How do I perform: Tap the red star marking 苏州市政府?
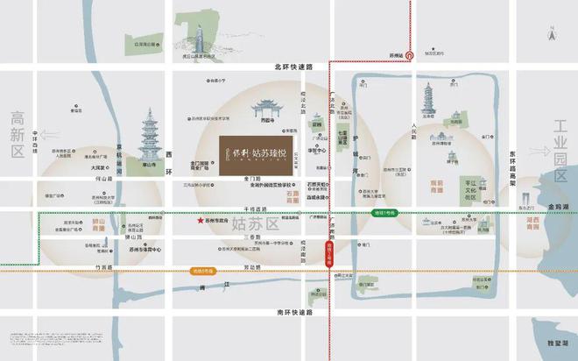tap(201, 221)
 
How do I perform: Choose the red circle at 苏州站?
tap(410, 55)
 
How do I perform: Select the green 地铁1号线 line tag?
tap(379, 212)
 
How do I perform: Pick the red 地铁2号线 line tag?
tap(330, 254)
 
